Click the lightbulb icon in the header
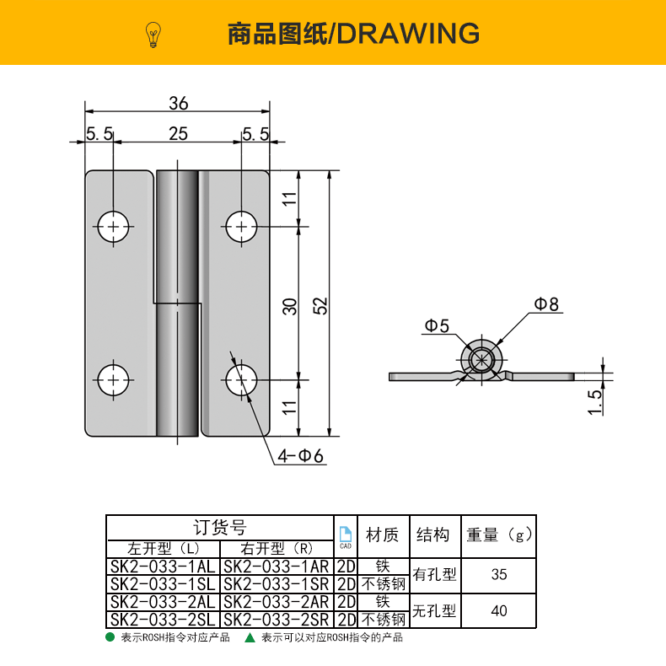coord(153,34)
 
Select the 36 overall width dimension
coord(178,103)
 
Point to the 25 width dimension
coord(178,133)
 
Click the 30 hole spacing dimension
coord(289,305)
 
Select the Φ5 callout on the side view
coord(437,325)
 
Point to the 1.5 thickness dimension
coord(595,401)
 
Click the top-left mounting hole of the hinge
coord(112,226)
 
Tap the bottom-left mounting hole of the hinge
coord(112,379)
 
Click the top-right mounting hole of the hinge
coord(242,226)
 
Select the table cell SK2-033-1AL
coord(162,566)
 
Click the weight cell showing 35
coord(499,574)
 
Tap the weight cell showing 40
coord(499,610)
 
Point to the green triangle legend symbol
coord(250,637)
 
